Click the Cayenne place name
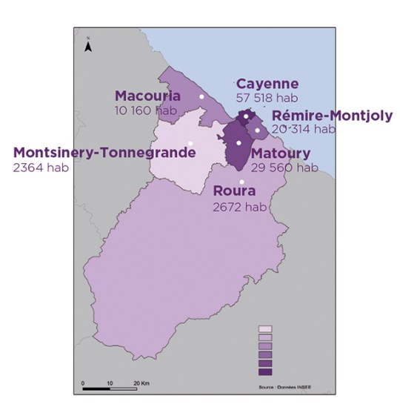tap(267, 84)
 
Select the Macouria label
tap(147, 96)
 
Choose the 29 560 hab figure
tap(284, 168)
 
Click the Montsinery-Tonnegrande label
tap(104, 153)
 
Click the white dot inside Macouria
tap(201, 97)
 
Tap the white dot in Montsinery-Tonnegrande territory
tap(190, 143)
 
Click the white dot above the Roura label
tap(241, 182)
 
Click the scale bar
tap(109, 389)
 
